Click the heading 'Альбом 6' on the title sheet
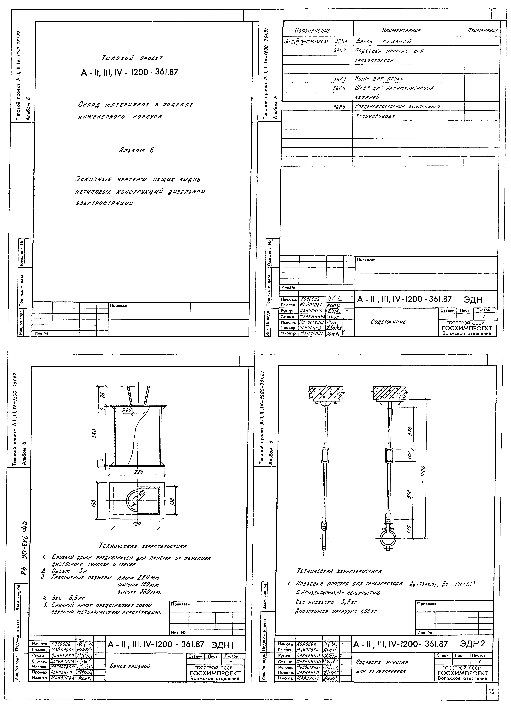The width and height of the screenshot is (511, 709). coord(136,150)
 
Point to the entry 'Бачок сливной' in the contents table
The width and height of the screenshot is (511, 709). coord(384,41)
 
